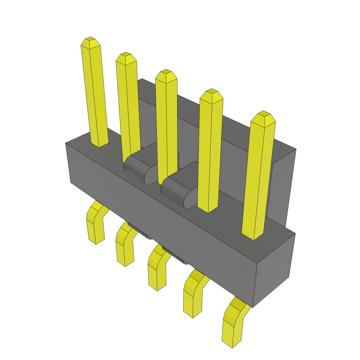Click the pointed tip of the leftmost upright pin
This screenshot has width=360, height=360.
(x=90, y=40)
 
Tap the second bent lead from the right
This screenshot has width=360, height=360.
(x=193, y=295)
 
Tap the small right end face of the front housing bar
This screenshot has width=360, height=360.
(x=274, y=269)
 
